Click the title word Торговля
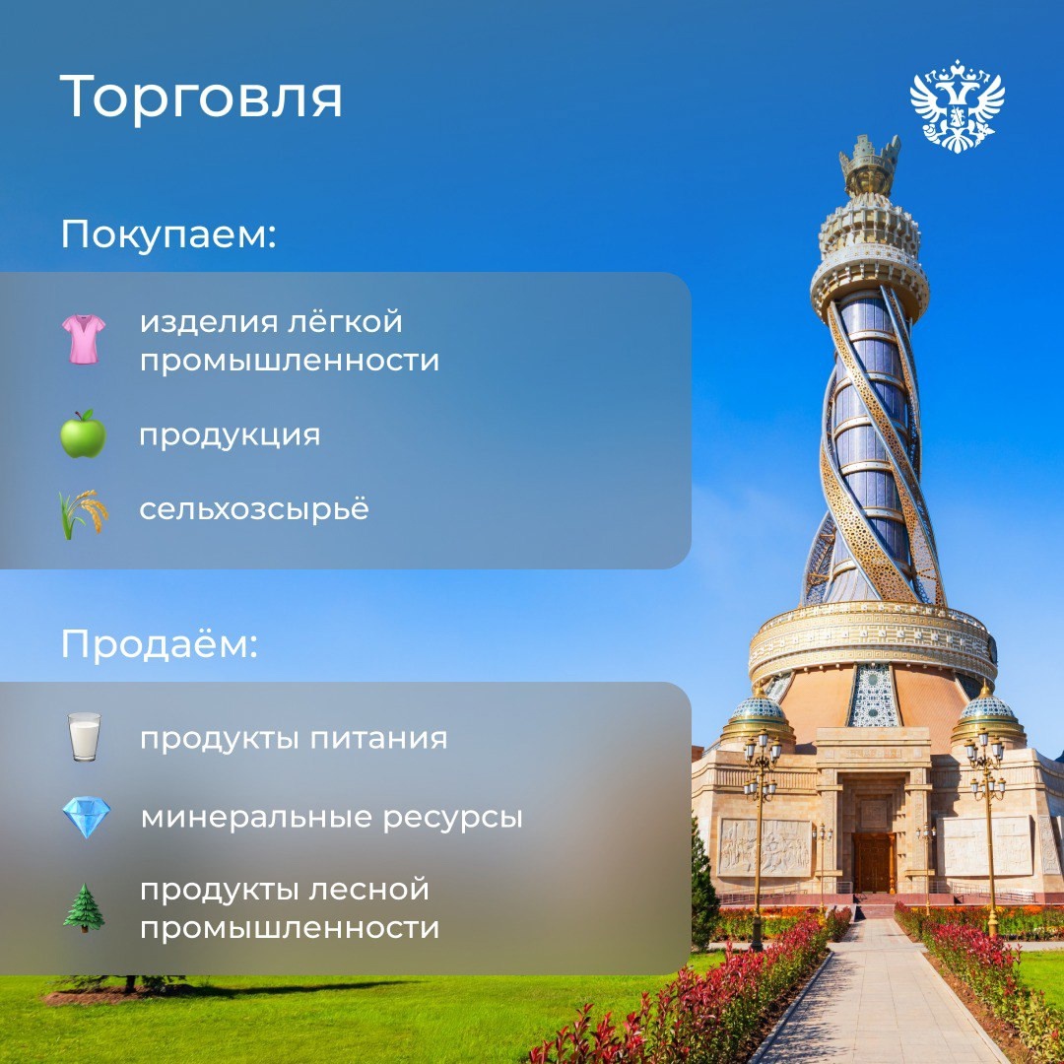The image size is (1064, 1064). (x=201, y=97)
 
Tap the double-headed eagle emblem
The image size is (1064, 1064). (x=957, y=106)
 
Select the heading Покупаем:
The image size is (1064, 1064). (x=168, y=235)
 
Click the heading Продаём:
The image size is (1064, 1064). (x=159, y=644)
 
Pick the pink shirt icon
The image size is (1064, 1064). (x=83, y=340)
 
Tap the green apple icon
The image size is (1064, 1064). (x=83, y=433)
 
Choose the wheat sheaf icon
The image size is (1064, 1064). (x=83, y=513)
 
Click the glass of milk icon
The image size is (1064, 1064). (x=84, y=737)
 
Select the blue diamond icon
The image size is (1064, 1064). (x=86, y=818)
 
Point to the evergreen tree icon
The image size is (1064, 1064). (x=84, y=908)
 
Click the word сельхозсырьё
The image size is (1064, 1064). (x=254, y=509)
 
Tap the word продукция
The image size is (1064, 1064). (x=230, y=435)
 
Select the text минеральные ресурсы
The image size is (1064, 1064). (x=331, y=817)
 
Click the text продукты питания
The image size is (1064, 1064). (x=294, y=738)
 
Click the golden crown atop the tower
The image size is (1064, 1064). (x=869, y=164)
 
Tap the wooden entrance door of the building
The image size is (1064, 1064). (x=873, y=862)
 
